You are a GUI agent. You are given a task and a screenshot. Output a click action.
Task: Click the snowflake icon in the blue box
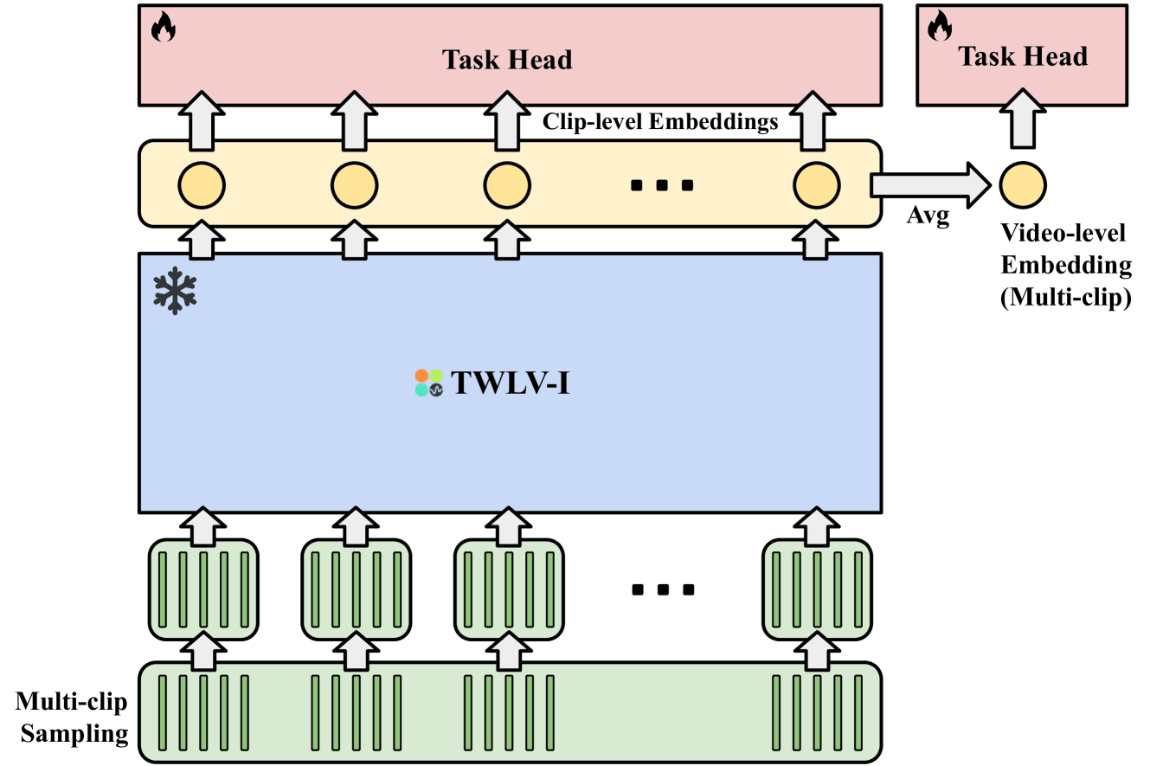click(x=175, y=291)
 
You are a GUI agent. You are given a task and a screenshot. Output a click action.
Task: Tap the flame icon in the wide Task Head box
click(x=164, y=27)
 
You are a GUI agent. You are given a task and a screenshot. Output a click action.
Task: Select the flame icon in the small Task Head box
click(x=940, y=26)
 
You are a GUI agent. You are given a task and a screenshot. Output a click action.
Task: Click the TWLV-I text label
click(x=511, y=383)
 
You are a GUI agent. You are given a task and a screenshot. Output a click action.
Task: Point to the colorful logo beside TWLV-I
click(x=429, y=383)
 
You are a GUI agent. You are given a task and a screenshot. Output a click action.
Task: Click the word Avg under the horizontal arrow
click(x=928, y=216)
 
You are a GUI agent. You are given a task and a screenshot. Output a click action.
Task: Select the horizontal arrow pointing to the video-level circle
click(x=930, y=185)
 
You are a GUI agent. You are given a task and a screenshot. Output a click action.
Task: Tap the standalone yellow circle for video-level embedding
click(x=1023, y=185)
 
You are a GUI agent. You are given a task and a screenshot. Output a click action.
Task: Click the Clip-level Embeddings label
click(x=660, y=122)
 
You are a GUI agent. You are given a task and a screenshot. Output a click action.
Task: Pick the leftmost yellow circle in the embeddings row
click(x=202, y=185)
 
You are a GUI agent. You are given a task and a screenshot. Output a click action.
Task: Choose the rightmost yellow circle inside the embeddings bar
click(x=817, y=185)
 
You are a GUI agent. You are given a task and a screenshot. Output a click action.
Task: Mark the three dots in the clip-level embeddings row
click(x=662, y=185)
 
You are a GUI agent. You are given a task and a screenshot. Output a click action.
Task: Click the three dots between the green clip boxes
click(x=664, y=589)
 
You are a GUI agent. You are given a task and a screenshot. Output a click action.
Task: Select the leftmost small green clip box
click(x=203, y=589)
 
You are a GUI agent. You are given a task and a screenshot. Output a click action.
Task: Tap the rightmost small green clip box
click(x=818, y=589)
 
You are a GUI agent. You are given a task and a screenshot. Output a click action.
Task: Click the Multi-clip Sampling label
click(x=73, y=718)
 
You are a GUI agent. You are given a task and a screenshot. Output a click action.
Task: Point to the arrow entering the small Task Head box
click(x=1023, y=119)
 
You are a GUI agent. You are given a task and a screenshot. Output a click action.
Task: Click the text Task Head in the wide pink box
click(x=507, y=60)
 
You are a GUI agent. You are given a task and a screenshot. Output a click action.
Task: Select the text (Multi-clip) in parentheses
click(x=1066, y=298)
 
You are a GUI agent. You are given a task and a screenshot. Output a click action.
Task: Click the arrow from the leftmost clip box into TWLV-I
click(x=203, y=526)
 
